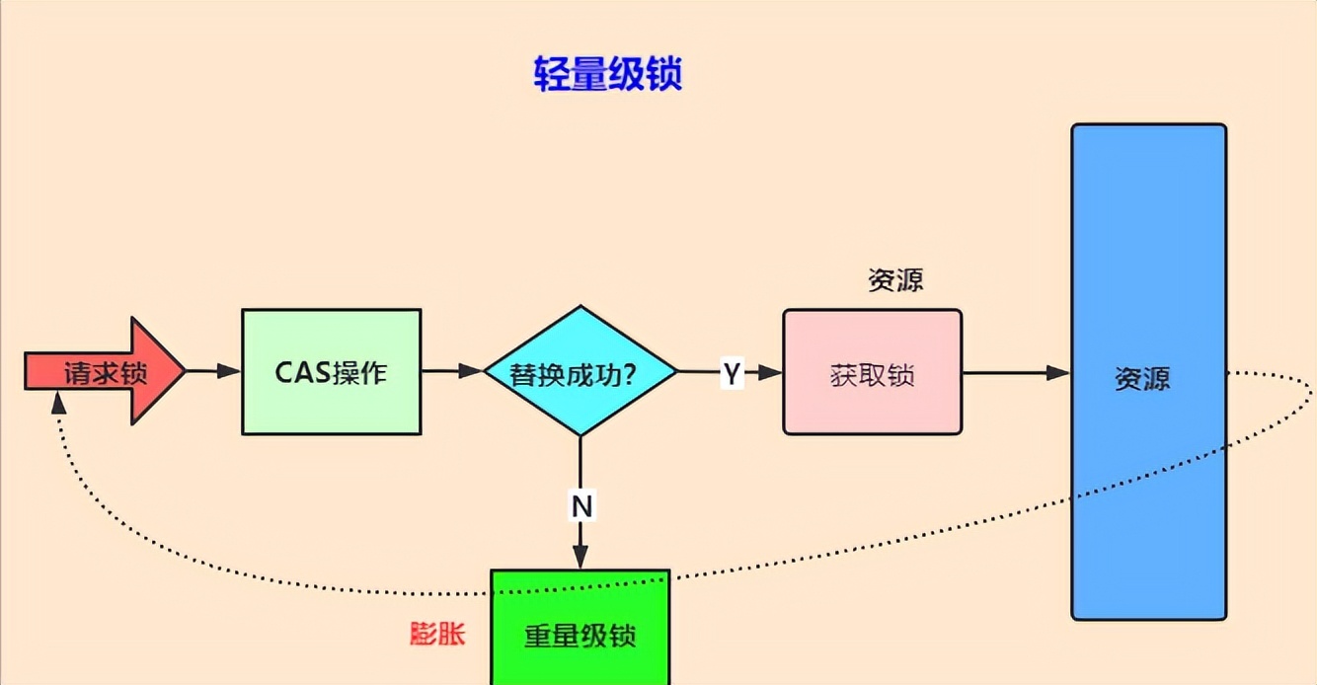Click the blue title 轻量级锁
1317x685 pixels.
click(x=607, y=74)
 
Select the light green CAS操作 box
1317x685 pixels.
click(x=331, y=372)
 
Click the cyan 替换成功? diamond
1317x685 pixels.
click(x=580, y=371)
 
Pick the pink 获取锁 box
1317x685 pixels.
click(x=872, y=372)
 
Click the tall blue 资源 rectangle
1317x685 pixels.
click(x=1148, y=474)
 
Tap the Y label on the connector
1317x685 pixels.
click(x=731, y=373)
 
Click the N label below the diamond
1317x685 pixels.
click(x=581, y=506)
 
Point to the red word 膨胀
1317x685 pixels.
click(x=436, y=633)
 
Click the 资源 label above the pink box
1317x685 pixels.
click(x=895, y=280)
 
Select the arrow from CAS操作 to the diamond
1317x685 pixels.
click(x=452, y=371)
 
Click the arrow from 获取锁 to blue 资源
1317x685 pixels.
click(x=1016, y=372)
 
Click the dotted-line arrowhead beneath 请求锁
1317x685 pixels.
click(x=58, y=402)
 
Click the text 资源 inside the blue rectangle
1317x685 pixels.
click(x=1142, y=380)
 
